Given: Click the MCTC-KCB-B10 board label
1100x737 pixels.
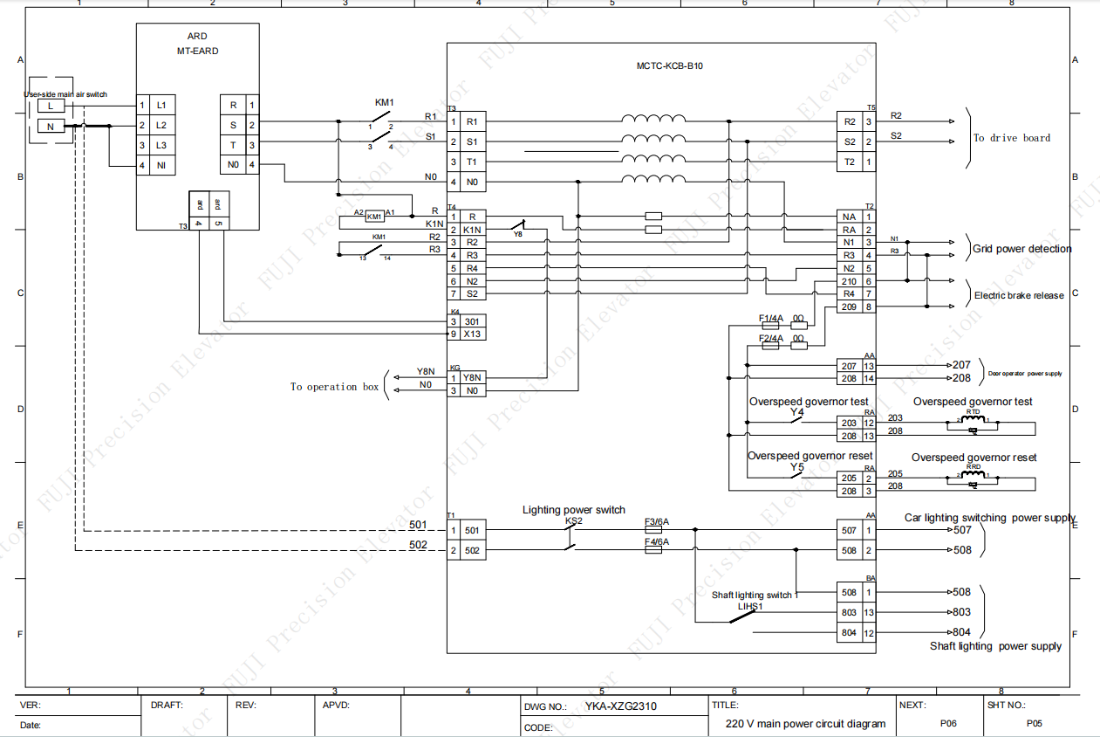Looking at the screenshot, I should pyautogui.click(x=669, y=66).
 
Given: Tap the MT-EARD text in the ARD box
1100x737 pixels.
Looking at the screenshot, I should pyautogui.click(x=197, y=51).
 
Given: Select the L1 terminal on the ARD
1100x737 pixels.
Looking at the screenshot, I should pyautogui.click(x=161, y=105).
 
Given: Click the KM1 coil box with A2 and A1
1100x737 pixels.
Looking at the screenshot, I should pyautogui.click(x=374, y=216).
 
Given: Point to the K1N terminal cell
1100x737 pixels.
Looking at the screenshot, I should pyautogui.click(x=471, y=229).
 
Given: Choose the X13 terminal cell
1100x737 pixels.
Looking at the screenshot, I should pyautogui.click(x=472, y=334).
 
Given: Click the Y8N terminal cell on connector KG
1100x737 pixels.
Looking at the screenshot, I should pyautogui.click(x=472, y=377).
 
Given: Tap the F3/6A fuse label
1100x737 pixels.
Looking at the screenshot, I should pyautogui.click(x=656, y=522).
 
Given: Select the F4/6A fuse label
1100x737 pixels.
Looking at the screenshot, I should pyautogui.click(x=656, y=542).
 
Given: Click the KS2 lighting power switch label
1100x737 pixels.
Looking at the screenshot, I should pyautogui.click(x=573, y=521).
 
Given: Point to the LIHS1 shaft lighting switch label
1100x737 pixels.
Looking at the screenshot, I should pyautogui.click(x=750, y=605).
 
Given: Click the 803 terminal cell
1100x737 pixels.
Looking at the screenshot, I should pyautogui.click(x=849, y=612).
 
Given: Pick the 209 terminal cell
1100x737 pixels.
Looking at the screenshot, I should pyautogui.click(x=849, y=307).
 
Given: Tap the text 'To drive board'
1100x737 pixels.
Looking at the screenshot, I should pyautogui.click(x=1012, y=138).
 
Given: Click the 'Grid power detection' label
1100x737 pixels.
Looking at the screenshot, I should pyautogui.click(x=1021, y=249).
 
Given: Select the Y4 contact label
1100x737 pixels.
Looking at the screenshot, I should pyautogui.click(x=796, y=412).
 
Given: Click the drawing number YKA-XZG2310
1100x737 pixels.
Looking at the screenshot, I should pyautogui.click(x=620, y=706).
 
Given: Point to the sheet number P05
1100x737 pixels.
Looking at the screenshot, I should pyautogui.click(x=1034, y=723).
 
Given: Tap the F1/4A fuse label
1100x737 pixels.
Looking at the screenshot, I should pyautogui.click(x=771, y=318).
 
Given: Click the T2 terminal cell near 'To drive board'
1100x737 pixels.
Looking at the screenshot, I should pyautogui.click(x=849, y=162).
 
